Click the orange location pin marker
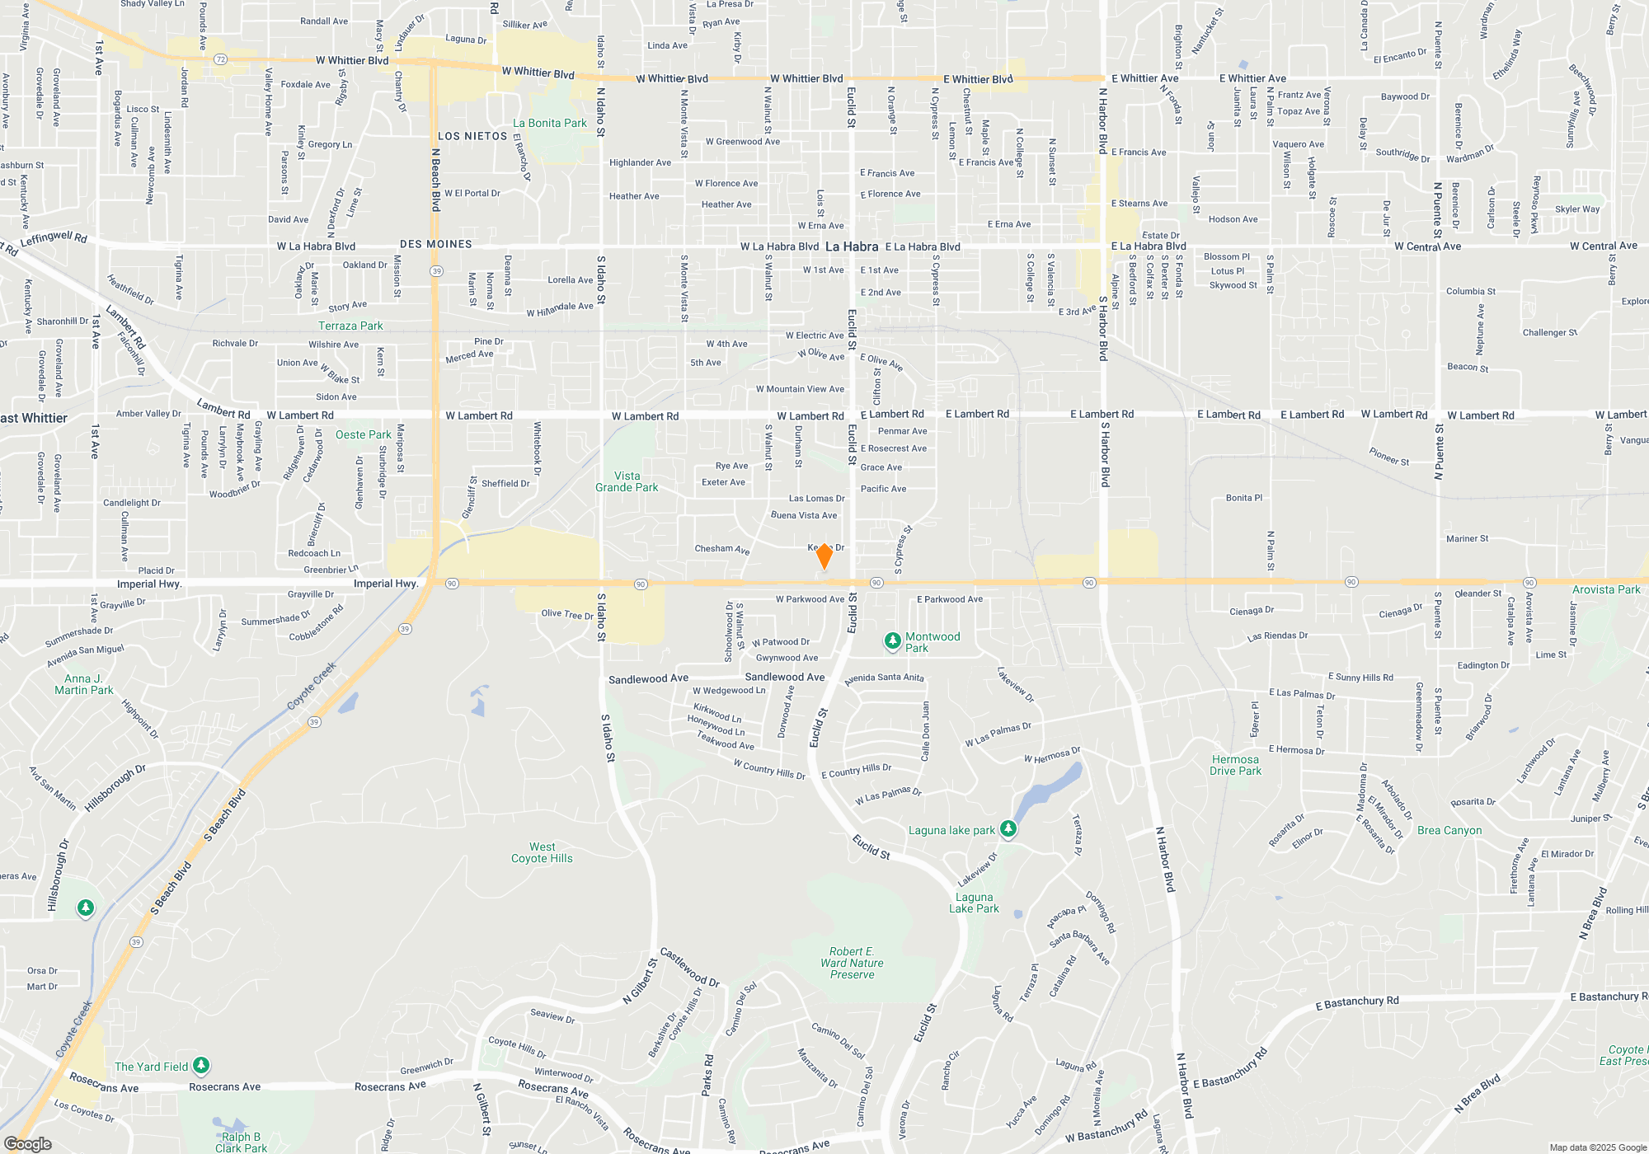coord(824,556)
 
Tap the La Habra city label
coord(852,246)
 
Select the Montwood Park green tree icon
coord(892,640)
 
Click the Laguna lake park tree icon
coord(1008,828)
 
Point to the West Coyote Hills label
coord(542,852)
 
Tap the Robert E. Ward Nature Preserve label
coord(852,963)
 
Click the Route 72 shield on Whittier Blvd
coord(220,59)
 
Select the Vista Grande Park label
coord(627,481)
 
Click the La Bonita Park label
coord(550,123)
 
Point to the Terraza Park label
coord(350,326)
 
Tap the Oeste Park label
coord(364,434)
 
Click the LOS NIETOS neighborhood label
coord(472,136)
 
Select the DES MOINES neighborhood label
coord(436,244)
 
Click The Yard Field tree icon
coord(201,1065)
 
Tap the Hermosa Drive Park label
coord(1235,765)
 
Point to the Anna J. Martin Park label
coord(83,684)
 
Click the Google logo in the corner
coord(27,1143)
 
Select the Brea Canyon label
coord(1449,830)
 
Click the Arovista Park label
coord(1606,589)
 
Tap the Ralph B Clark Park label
coord(241,1142)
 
